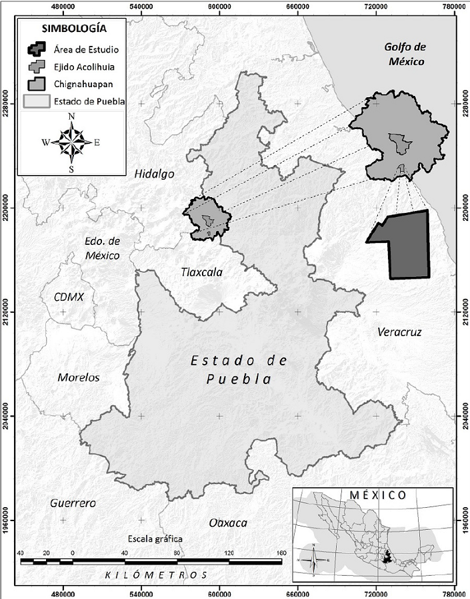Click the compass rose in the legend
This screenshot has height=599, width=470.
71,142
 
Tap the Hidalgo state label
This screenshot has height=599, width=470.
154,174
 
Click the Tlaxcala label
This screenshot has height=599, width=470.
201,272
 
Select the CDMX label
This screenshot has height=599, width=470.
69,297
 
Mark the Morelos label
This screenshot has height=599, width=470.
78,377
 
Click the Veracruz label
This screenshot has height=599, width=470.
399,331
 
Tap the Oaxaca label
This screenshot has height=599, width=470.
227,522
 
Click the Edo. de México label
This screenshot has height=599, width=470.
102,248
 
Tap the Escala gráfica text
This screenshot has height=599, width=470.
154,538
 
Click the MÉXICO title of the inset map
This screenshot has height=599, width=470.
378,495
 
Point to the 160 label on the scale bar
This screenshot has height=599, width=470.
280,553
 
